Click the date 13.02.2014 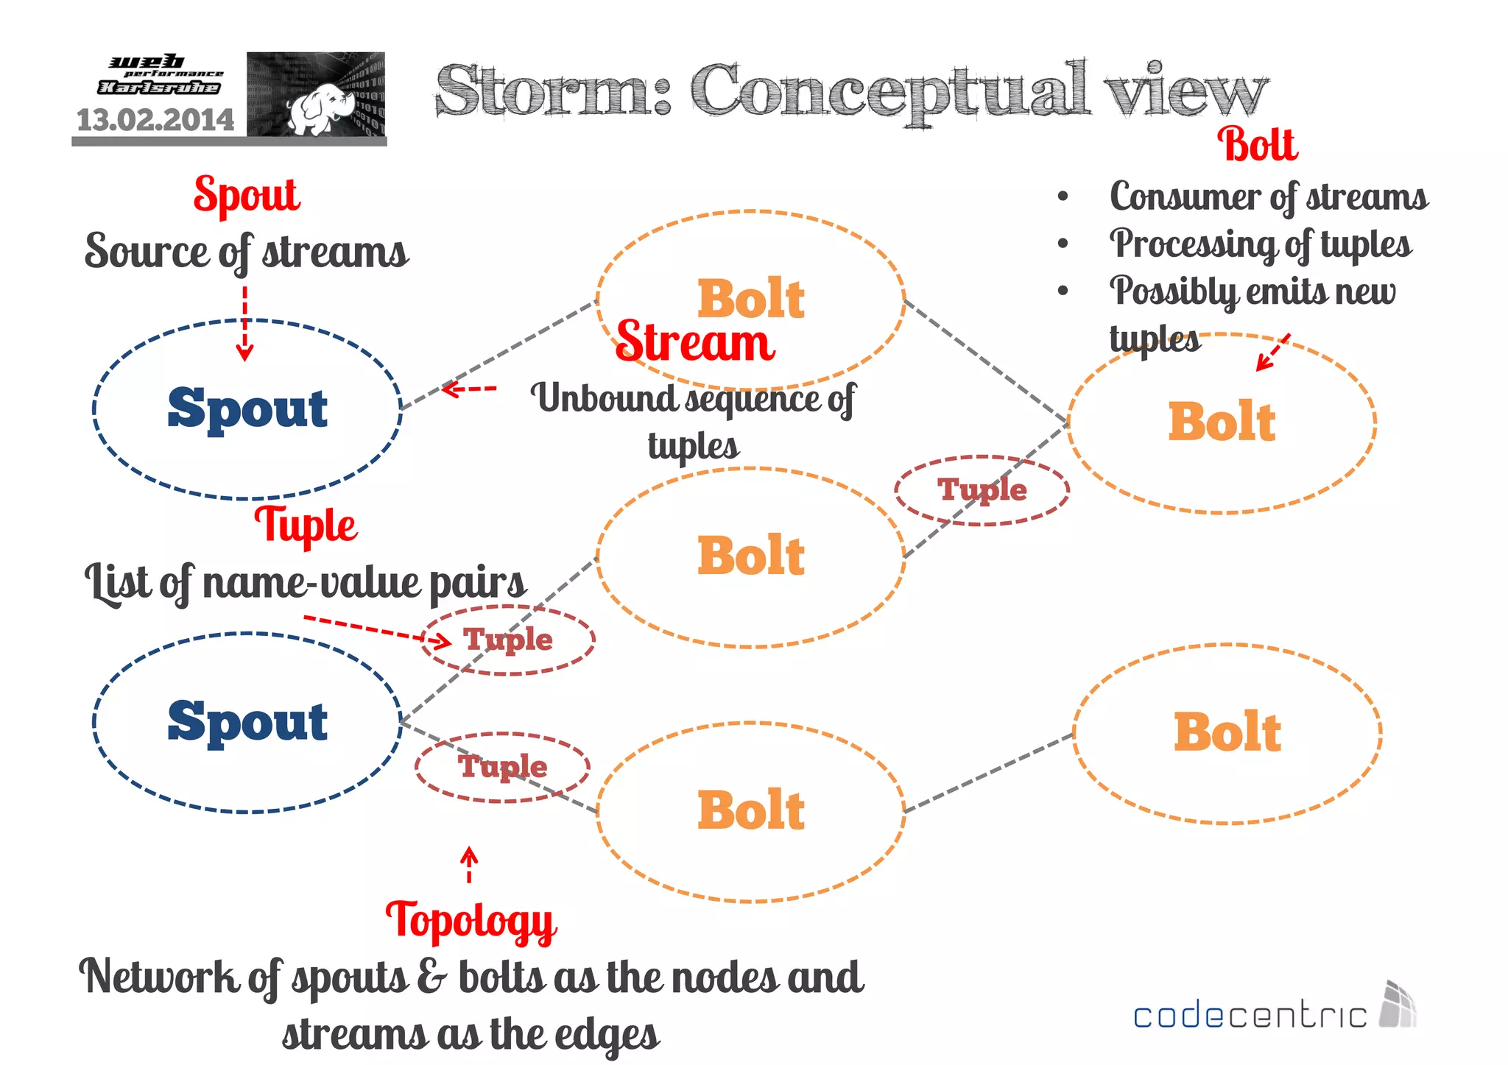pyautogui.click(x=155, y=120)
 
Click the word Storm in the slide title pyautogui.click(x=552, y=92)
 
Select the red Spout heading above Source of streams pyautogui.click(x=247, y=195)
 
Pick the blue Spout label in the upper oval pyautogui.click(x=247, y=408)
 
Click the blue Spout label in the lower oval pyautogui.click(x=247, y=721)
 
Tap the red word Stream pyautogui.click(x=695, y=343)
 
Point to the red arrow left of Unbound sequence pyautogui.click(x=469, y=389)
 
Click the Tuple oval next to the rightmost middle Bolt pyautogui.click(x=982, y=490)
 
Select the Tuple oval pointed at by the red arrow pyautogui.click(x=508, y=640)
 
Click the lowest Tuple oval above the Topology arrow pyautogui.click(x=503, y=767)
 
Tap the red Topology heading pyautogui.click(x=471, y=920)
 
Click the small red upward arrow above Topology pyautogui.click(x=469, y=864)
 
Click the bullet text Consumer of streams pyautogui.click(x=1268, y=197)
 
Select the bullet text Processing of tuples pyautogui.click(x=1260, y=244)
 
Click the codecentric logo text pyautogui.click(x=1250, y=1016)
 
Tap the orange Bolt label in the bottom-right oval pyautogui.click(x=1227, y=733)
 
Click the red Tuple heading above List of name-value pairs pyautogui.click(x=306, y=526)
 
